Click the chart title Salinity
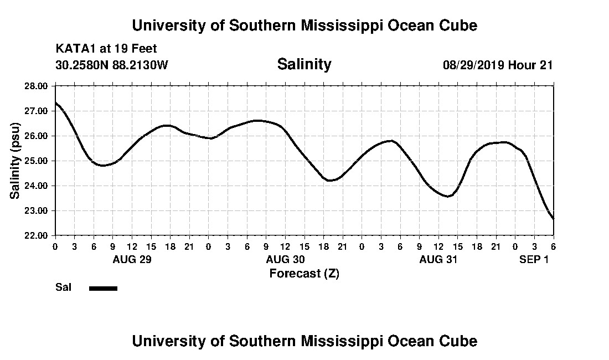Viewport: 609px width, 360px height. [x=304, y=64]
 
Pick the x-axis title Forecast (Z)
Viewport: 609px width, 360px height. [x=304, y=273]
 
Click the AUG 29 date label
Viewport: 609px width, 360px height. [x=132, y=259]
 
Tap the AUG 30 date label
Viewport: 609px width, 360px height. [x=285, y=259]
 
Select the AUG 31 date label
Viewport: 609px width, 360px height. [x=438, y=259]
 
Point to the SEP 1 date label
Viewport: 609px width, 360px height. [x=534, y=259]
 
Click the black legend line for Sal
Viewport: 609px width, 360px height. [x=103, y=288]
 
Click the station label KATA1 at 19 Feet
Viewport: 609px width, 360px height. [x=106, y=49]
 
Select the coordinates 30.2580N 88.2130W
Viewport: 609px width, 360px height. [x=112, y=65]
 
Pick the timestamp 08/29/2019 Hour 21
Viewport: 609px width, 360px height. [x=498, y=65]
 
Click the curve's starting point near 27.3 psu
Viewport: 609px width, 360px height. [x=56, y=102]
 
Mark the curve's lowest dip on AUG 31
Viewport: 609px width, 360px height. [x=448, y=196]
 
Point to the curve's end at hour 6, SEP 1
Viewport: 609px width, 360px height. [x=553, y=219]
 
